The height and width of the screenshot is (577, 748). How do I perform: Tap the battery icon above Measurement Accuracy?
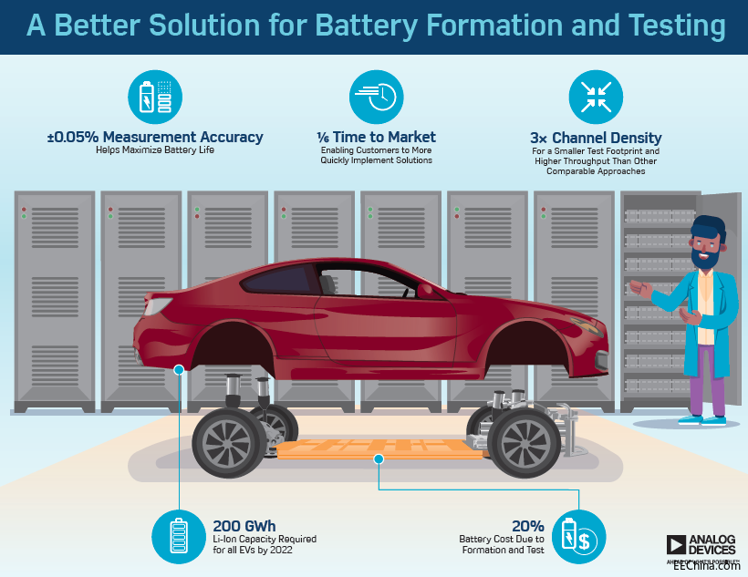pyautogui.click(x=154, y=96)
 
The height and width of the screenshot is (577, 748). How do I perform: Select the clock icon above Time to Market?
pyautogui.click(x=376, y=96)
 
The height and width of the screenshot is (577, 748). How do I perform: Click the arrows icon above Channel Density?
pyautogui.click(x=596, y=96)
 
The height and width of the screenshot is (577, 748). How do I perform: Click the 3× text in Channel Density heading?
pyautogui.click(x=541, y=139)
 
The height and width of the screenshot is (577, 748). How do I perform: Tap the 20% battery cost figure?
pyautogui.click(x=528, y=526)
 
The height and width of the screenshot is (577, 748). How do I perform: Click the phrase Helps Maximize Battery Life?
pyautogui.click(x=155, y=150)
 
